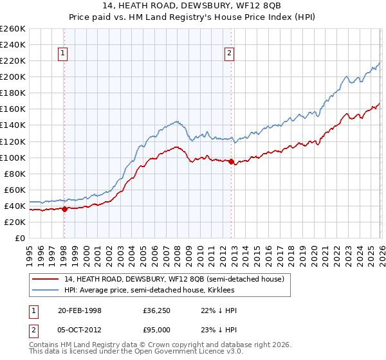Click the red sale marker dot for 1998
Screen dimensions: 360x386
point(64,208)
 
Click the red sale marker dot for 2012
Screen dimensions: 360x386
point(231,161)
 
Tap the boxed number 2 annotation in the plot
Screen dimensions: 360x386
point(230,54)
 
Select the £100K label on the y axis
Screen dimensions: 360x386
point(12,157)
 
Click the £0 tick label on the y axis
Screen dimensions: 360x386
point(20,238)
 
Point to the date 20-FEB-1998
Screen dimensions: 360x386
point(80,310)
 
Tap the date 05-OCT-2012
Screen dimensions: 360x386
point(80,330)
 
